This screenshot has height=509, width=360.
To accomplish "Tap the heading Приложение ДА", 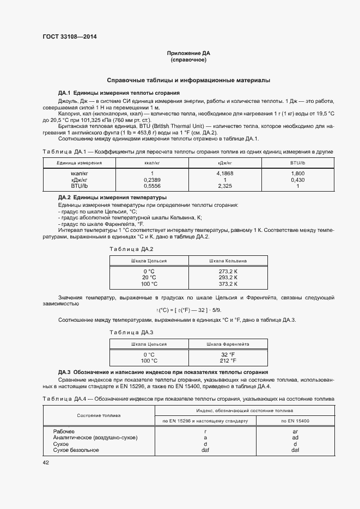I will click(x=188, y=53).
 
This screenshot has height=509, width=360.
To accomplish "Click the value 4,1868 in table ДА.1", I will click(x=225, y=173).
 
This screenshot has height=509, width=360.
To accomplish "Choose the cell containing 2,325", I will click(x=225, y=186).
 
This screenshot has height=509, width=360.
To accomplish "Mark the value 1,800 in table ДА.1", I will click(x=298, y=173).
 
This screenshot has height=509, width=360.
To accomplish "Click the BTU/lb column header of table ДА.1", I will click(x=298, y=163).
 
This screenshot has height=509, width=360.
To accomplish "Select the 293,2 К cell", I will click(x=228, y=277).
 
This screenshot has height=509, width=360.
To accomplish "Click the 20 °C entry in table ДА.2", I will click(x=149, y=277).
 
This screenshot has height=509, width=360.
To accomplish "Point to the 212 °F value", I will click(x=228, y=360).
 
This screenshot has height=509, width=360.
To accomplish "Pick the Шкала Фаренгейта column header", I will click(x=228, y=345).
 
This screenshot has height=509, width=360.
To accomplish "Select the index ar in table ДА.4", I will click(x=295, y=431).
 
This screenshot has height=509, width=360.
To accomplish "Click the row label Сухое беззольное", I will click(x=76, y=450).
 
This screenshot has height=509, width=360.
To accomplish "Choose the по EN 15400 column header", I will click(x=295, y=421).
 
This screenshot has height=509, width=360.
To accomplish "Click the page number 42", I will click(x=46, y=462).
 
